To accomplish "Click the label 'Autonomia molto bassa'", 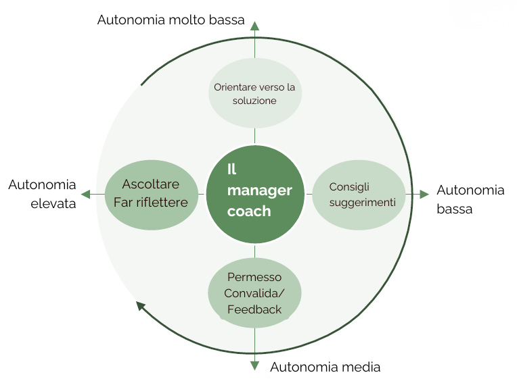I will [171, 20].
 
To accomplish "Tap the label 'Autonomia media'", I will [325, 367].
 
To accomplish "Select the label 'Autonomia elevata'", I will [42, 195].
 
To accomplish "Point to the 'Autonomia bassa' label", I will [470, 199].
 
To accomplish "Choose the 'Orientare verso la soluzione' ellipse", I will [254, 94].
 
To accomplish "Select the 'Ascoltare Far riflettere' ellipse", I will [151, 193].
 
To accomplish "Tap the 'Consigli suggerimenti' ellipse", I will [359, 195].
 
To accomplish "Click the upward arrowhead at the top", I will [254, 26].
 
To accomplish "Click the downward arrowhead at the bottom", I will [254, 365].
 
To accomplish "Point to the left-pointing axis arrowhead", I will [86, 194].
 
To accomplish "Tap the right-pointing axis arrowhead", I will [424, 195].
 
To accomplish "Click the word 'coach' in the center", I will [249, 211].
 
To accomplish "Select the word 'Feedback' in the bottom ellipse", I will [254, 310].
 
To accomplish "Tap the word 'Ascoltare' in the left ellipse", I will [151, 184].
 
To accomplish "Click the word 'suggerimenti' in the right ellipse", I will [363, 203].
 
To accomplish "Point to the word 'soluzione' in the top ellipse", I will [254, 101].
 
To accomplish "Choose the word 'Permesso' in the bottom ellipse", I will [254, 277].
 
